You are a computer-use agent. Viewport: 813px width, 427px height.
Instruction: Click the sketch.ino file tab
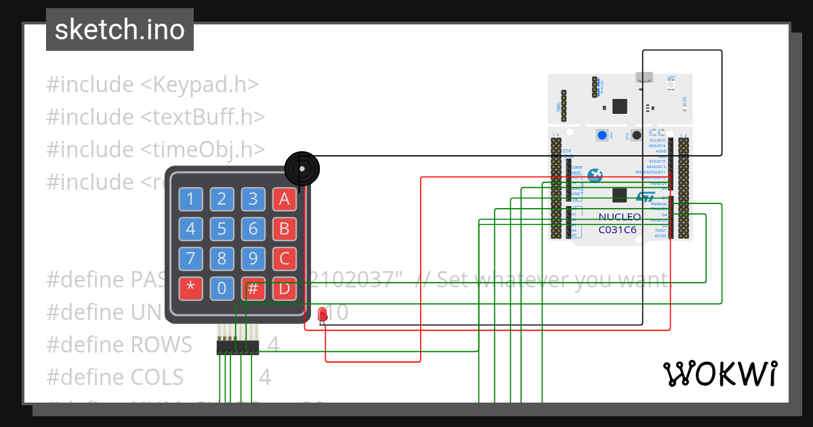point(120,30)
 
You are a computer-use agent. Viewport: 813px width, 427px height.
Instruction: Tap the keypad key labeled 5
point(222,228)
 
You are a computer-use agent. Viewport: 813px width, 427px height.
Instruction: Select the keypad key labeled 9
point(253,258)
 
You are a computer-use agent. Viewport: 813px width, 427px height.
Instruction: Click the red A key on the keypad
point(285,199)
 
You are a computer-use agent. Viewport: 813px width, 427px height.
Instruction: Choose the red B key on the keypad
point(285,228)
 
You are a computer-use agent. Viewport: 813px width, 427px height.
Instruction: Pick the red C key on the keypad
point(285,258)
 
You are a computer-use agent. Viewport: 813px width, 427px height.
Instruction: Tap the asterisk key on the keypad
point(190,288)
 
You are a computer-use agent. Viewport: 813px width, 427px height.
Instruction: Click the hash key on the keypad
point(253,288)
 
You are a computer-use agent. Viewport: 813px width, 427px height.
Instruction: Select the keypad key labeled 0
point(222,288)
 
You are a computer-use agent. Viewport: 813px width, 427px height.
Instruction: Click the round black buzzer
point(301,168)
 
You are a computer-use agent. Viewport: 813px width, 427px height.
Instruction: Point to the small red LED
point(322,314)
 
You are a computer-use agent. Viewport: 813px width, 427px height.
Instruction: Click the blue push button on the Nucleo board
point(602,135)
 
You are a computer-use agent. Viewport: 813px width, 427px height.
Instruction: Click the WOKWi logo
point(720,373)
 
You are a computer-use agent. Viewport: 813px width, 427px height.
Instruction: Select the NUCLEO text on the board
point(619,218)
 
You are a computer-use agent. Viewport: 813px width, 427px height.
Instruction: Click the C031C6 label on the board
point(617,230)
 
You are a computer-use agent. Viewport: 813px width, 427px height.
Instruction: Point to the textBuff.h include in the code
point(203,117)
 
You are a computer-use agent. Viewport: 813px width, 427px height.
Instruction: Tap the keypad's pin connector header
point(238,347)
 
